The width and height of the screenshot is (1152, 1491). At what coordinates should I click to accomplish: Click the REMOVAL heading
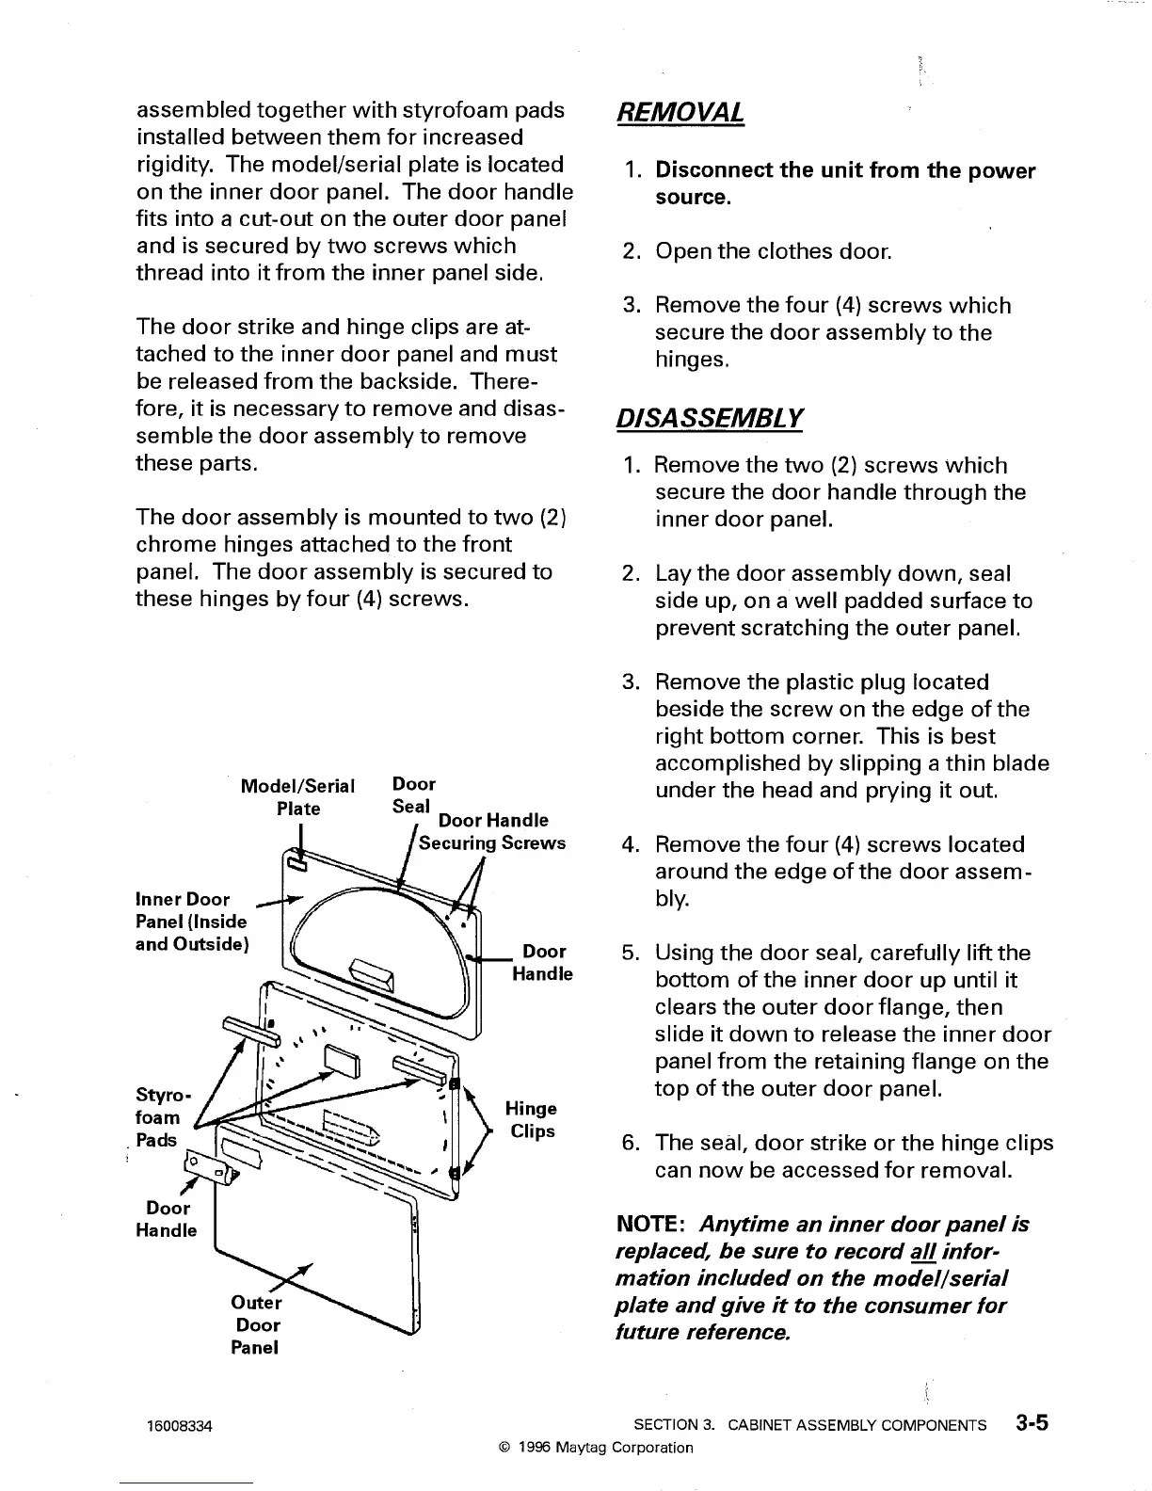pos(680,113)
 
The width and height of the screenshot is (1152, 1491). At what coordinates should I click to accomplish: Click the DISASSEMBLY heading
pos(709,417)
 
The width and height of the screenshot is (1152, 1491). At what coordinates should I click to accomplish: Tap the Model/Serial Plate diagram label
pos(297,796)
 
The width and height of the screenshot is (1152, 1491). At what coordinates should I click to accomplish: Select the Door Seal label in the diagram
pos(413,795)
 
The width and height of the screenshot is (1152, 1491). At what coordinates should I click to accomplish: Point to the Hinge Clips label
pos(531,1119)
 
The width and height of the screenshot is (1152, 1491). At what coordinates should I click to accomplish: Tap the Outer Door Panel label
pos(256,1324)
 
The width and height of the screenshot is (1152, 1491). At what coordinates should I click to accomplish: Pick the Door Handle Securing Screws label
pos(492,832)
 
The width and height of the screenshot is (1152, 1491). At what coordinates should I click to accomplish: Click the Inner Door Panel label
pos(191,922)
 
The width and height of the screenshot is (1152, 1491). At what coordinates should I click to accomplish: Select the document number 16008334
pos(180,1426)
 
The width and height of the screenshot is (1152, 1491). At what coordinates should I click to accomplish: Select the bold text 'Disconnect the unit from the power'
pos(844,171)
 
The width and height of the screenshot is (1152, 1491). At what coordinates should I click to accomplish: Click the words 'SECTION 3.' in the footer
pos(675,1425)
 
